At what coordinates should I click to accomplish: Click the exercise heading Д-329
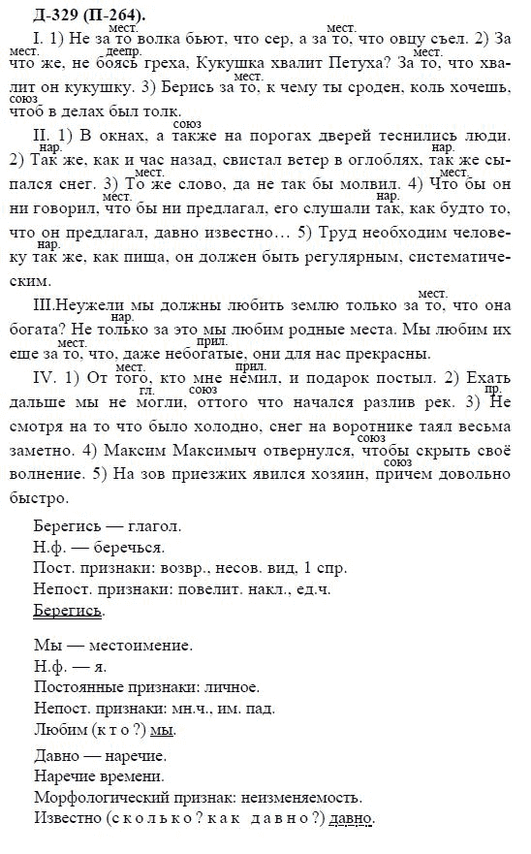coord(37,15)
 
